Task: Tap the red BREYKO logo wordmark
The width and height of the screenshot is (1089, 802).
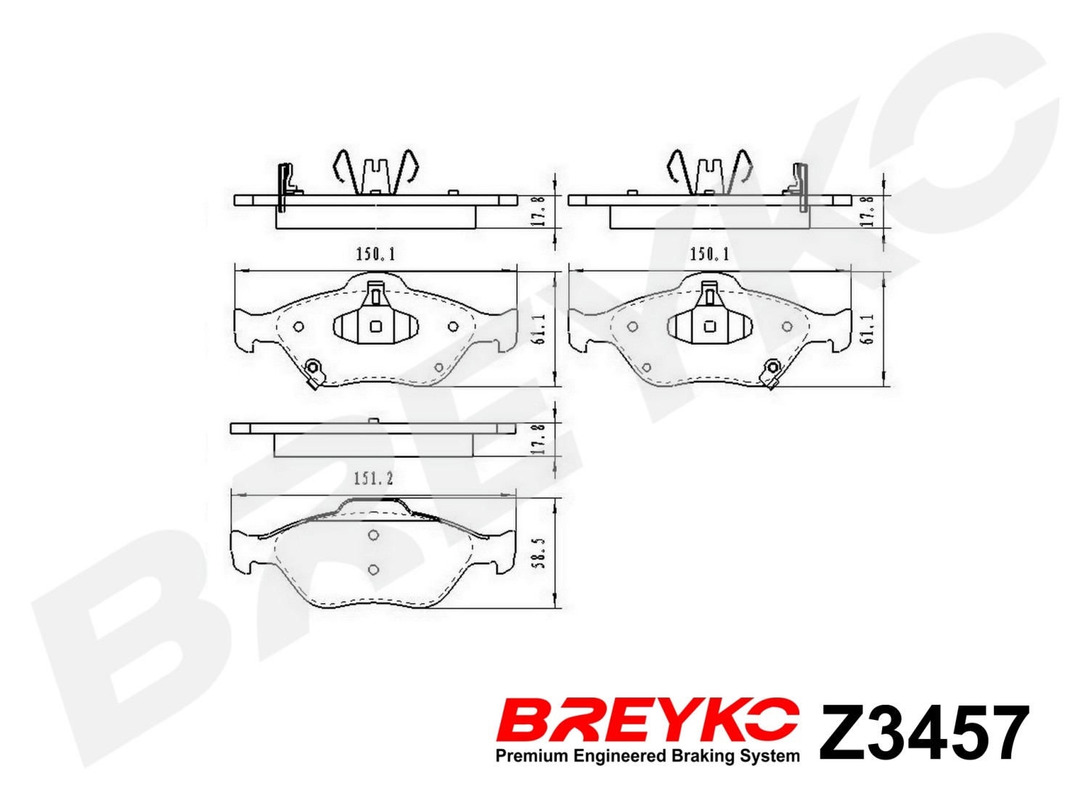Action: [x=648, y=730]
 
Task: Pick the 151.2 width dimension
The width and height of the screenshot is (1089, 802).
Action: [x=373, y=480]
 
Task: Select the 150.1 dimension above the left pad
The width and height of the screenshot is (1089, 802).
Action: [x=376, y=255]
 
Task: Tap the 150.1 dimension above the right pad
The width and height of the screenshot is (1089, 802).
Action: [x=710, y=255]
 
